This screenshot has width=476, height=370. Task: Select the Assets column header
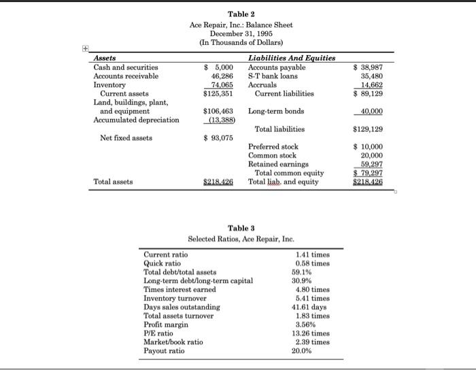point(105,58)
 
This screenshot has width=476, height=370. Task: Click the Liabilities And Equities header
point(292,58)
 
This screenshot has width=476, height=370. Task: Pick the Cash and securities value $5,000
point(220,67)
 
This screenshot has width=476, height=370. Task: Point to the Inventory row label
point(109,85)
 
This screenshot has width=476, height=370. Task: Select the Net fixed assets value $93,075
point(219,138)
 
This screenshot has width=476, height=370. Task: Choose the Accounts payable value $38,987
point(369,67)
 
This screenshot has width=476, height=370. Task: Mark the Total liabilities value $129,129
point(369,129)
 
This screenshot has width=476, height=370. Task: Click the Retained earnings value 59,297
point(372,164)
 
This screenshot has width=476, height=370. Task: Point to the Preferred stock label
point(273,146)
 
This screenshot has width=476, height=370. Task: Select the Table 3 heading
point(241,229)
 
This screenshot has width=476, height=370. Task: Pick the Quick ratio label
point(163,263)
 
